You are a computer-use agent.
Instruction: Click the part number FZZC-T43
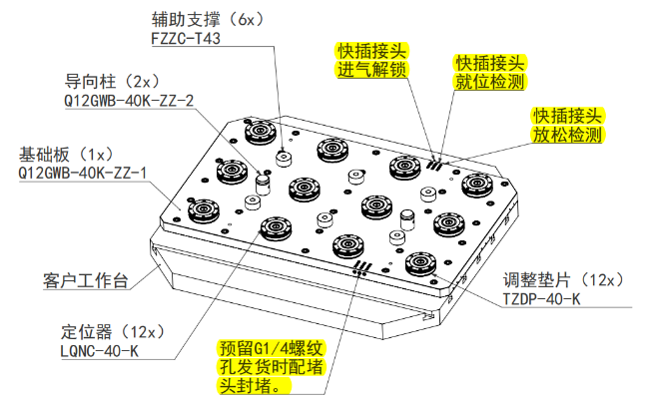point(186,40)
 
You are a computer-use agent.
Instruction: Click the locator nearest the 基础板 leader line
point(204,209)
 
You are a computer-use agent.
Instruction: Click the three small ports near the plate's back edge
point(434,161)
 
